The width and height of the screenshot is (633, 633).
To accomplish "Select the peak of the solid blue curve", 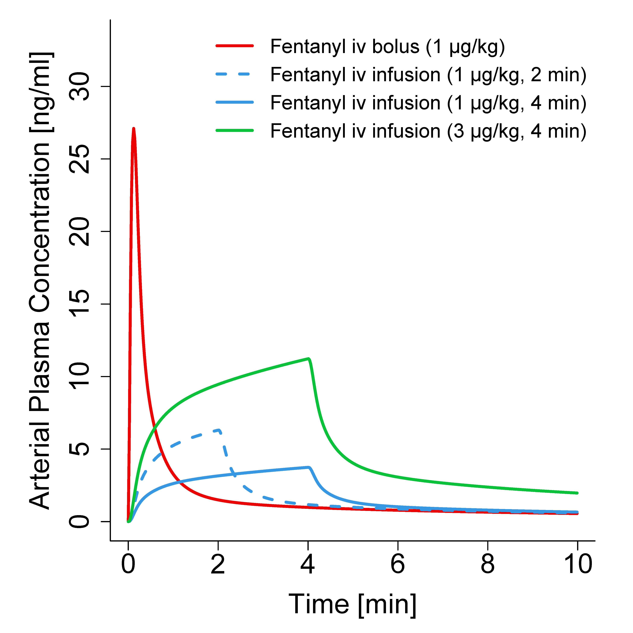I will click(309, 467).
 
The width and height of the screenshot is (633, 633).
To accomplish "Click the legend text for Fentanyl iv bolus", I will click(387, 47).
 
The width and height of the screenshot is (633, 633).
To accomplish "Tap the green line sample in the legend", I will click(235, 130).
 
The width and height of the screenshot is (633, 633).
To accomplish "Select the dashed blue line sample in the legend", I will click(235, 74).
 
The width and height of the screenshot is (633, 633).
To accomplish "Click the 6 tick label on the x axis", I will click(398, 564).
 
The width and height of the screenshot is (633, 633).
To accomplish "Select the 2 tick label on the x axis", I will click(218, 564).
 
